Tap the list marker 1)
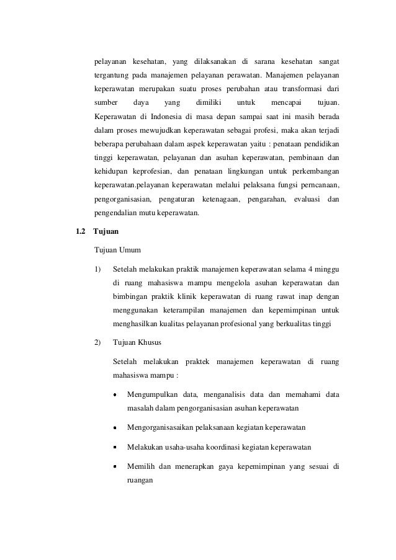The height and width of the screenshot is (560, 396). click(x=97, y=269)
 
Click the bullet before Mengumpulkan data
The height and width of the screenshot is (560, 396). click(x=116, y=395)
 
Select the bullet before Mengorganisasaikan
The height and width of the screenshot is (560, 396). click(x=116, y=428)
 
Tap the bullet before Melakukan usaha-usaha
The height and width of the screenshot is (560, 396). click(x=116, y=447)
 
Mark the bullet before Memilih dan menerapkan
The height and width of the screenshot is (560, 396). click(x=116, y=466)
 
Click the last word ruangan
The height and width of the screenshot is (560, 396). click(x=140, y=480)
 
